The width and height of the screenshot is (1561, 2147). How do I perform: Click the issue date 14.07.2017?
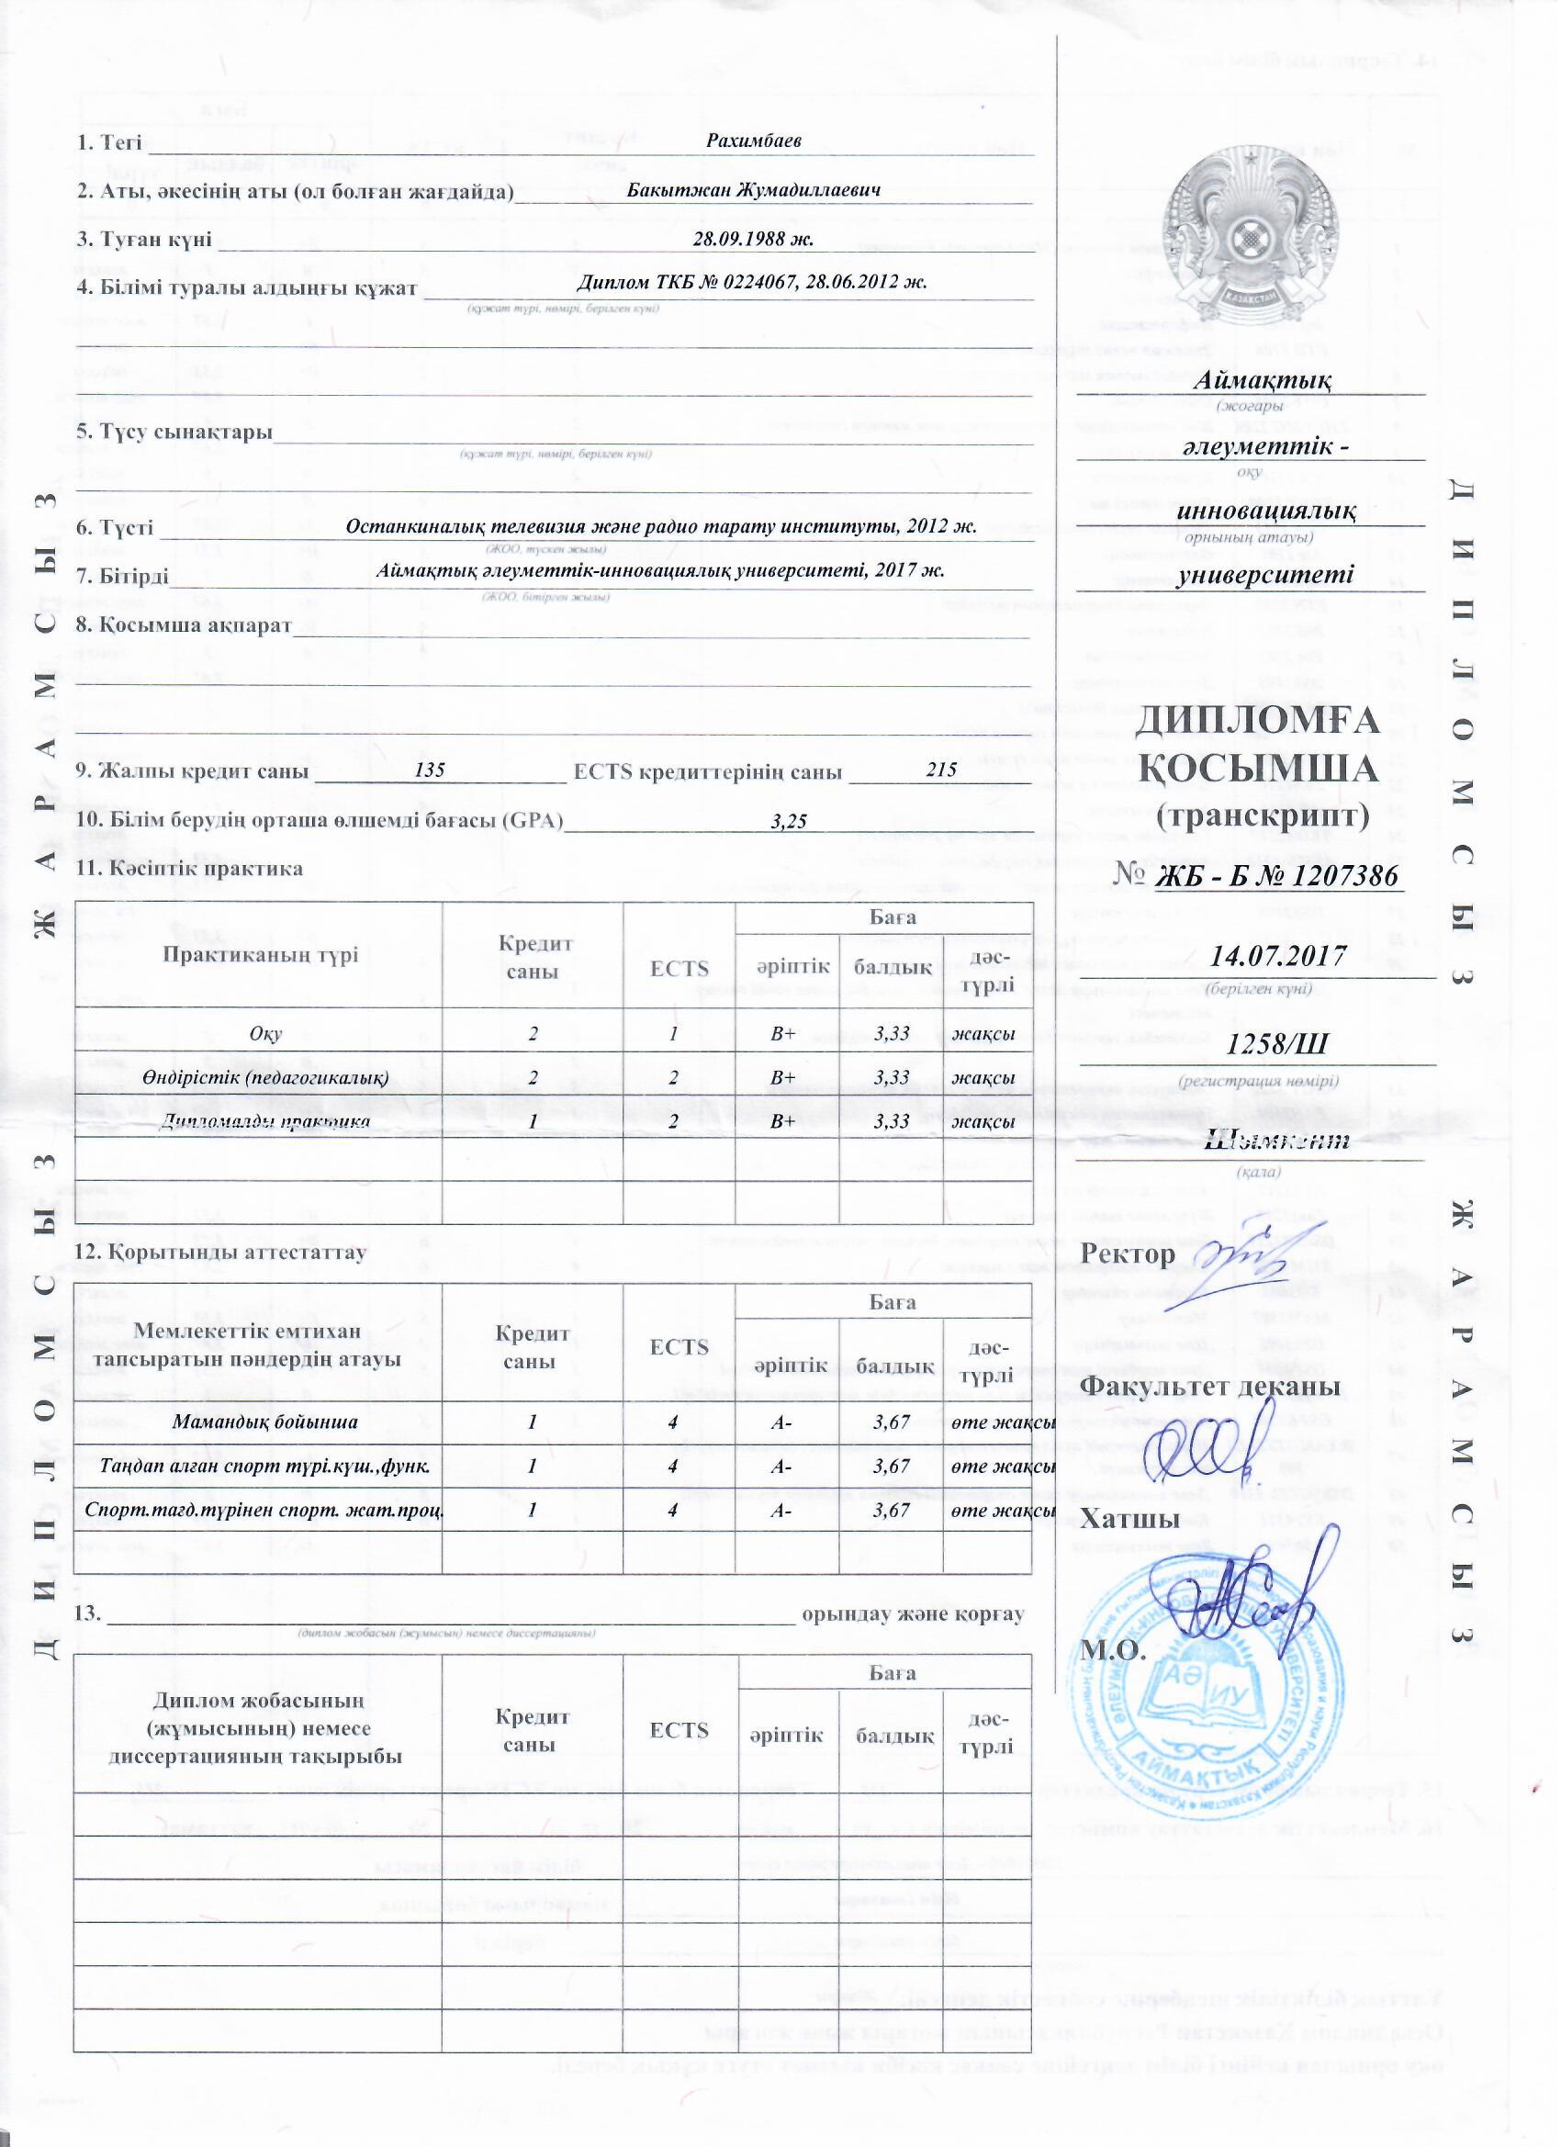point(1278,955)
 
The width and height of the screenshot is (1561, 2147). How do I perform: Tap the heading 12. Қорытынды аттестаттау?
point(221,1253)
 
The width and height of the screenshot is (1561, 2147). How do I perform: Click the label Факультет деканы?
point(1211,1388)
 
